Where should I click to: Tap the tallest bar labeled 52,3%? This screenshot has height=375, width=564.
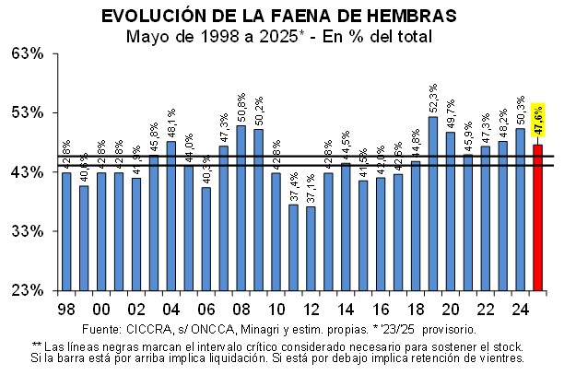tap(433, 203)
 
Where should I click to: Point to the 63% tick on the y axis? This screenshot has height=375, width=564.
tap(28, 53)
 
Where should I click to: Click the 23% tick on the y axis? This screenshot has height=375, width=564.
tap(28, 290)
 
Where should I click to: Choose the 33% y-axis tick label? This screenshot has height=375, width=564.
tap(28, 231)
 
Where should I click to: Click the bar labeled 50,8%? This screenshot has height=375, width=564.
tap(241, 207)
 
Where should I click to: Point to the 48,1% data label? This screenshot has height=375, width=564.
tap(170, 124)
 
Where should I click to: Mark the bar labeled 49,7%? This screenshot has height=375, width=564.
tap(451, 211)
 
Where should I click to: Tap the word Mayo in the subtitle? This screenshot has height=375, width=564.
tap(147, 37)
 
